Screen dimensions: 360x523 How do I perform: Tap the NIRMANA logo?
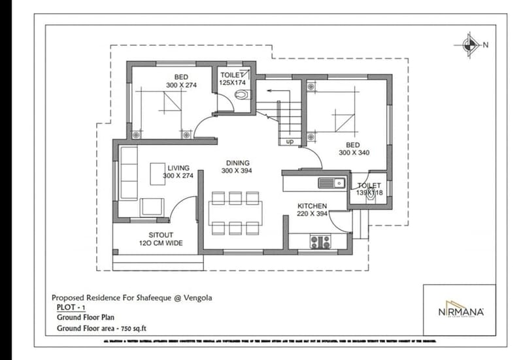(461, 312)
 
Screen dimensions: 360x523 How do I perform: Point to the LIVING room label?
(178, 168)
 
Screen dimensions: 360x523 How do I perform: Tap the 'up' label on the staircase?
(290, 141)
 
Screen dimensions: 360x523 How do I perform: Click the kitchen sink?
(331, 183)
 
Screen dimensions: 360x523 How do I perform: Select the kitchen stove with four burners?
(320, 242)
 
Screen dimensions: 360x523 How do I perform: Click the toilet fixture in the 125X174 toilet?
(243, 95)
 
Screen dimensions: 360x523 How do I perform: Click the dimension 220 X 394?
(312, 214)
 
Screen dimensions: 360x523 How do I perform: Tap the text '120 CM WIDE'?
(161, 243)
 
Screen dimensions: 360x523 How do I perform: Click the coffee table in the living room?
(158, 174)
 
